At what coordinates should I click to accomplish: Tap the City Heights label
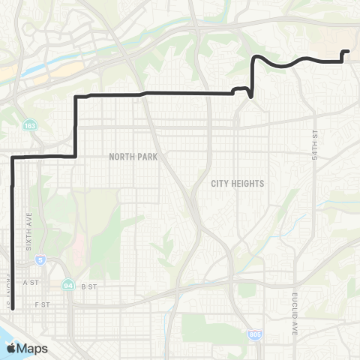pyautogui.click(x=228, y=182)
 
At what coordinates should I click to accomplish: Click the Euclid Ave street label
pyautogui.click(x=296, y=313)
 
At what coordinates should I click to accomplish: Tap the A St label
pyautogui.click(x=31, y=283)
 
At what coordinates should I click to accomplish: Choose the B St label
pyautogui.click(x=89, y=286)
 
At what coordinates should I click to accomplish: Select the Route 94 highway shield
pyautogui.click(x=68, y=285)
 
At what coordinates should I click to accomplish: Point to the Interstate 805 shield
pyautogui.click(x=256, y=334)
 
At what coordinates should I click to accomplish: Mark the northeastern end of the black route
pyautogui.click(x=348, y=51)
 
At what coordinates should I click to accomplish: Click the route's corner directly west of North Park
pyautogui.click(x=76, y=156)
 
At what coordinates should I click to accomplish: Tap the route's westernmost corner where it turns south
pyautogui.click(x=13, y=157)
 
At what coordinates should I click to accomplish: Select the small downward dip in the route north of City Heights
pyautogui.click(x=249, y=96)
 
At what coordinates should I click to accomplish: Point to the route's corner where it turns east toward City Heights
pyautogui.click(x=76, y=97)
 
